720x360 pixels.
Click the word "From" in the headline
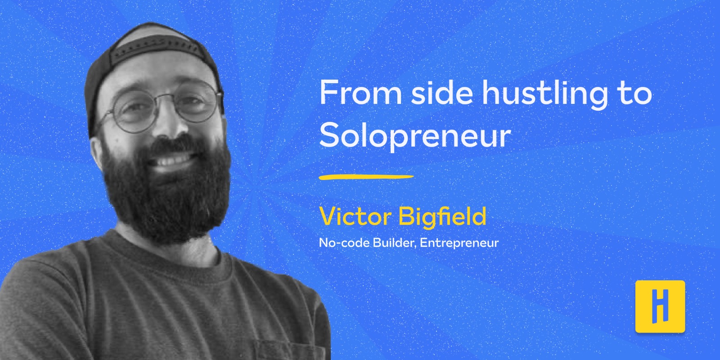pyautogui.click(x=360, y=93)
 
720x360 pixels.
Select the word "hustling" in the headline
pyautogui.click(x=545, y=95)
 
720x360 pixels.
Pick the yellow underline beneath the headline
pyautogui.click(x=366, y=177)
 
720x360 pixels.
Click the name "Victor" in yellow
pyautogui.click(x=355, y=216)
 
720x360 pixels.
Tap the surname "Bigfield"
pyautogui.click(x=442, y=217)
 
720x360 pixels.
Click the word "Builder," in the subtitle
pyautogui.click(x=394, y=243)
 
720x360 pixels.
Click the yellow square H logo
pyautogui.click(x=660, y=306)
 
